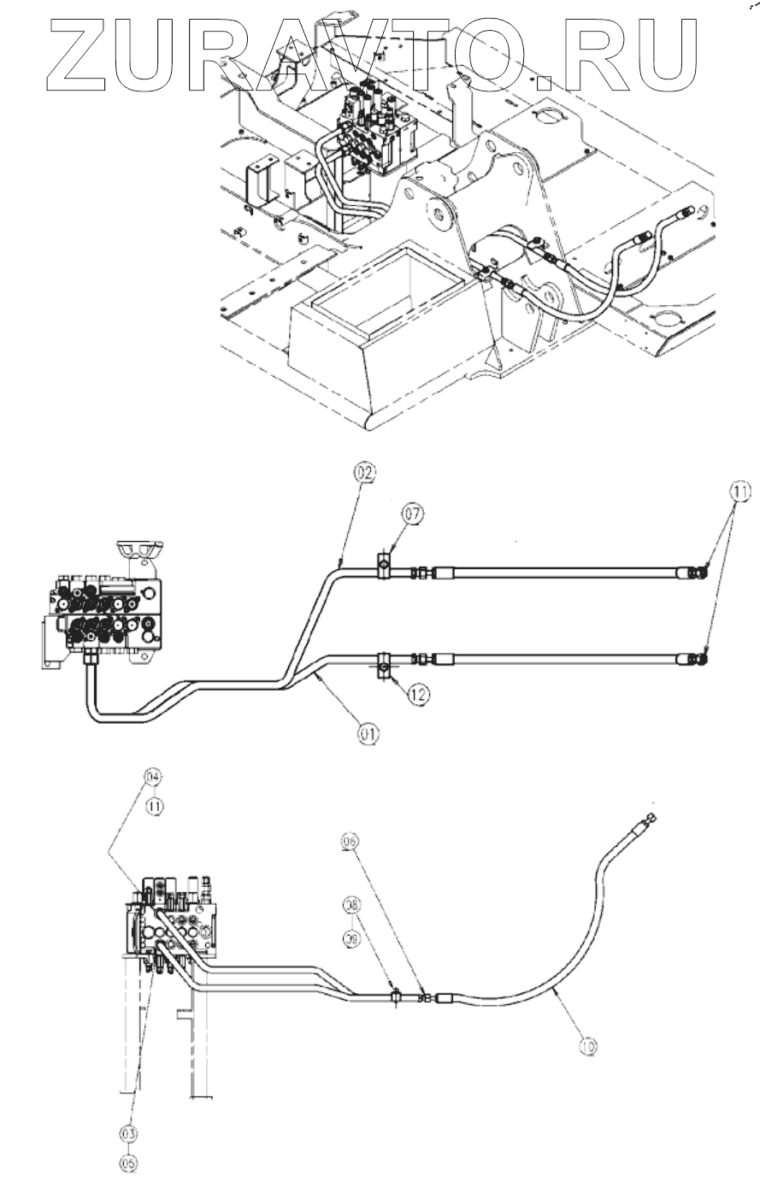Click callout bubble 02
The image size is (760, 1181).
tap(365, 472)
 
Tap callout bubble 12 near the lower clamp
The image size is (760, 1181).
tap(416, 695)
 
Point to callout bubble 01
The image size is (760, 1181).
tap(368, 732)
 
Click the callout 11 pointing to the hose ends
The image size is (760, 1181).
tap(740, 491)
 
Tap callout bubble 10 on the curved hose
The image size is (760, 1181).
tap(586, 1043)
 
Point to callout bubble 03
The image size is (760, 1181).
tap(128, 1132)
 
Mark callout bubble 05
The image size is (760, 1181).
tap(128, 1161)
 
